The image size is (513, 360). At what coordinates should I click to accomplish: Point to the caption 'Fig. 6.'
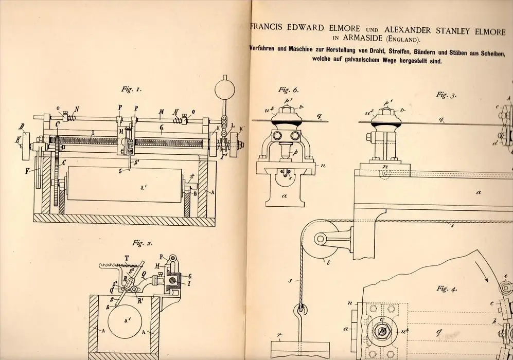(289, 89)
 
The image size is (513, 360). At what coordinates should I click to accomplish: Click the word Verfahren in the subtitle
(269, 49)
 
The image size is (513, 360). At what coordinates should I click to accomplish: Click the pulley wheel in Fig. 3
(318, 239)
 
